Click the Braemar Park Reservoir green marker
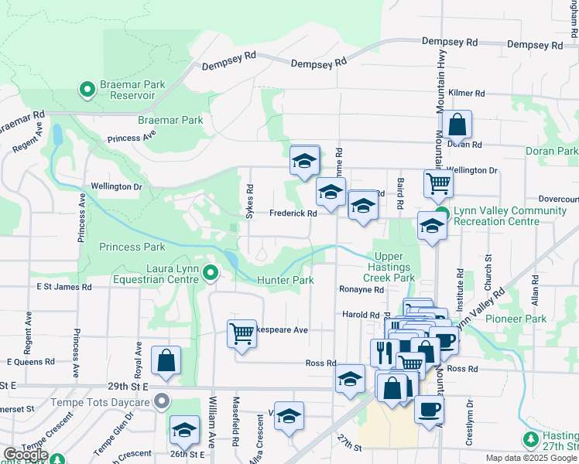[87, 90]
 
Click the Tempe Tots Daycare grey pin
[162, 401]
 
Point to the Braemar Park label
[170, 121]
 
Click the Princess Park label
[132, 247]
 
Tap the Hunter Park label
[285, 280]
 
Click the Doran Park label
[551, 152]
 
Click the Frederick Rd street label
[293, 213]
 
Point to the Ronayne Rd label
[361, 290]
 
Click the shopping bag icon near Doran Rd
[457, 125]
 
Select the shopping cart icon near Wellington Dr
[438, 184]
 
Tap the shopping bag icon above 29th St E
[166, 360]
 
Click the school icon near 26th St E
[185, 431]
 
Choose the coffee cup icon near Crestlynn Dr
[429, 409]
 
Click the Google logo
[25, 455]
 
